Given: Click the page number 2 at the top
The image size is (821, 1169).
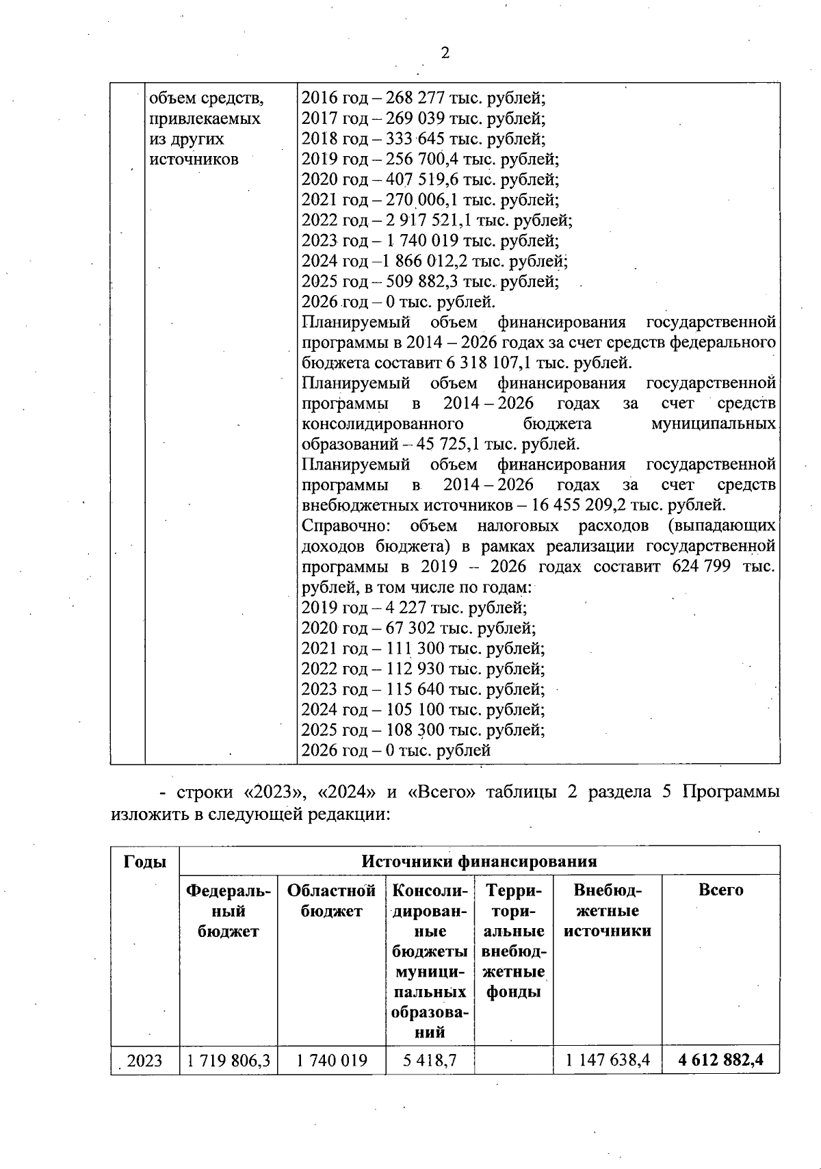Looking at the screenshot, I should click(x=445, y=53).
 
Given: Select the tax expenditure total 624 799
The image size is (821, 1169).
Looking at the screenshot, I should click(x=701, y=567).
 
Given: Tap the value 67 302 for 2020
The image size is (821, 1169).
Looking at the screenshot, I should click(x=413, y=628).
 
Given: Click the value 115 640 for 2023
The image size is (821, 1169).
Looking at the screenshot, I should click(x=417, y=689).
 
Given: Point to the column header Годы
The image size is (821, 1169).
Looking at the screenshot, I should click(x=145, y=862).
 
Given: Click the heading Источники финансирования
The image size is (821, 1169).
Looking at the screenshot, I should click(x=479, y=862).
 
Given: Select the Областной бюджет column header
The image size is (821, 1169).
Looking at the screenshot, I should click(x=332, y=901).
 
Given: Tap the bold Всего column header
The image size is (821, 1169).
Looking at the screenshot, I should click(x=720, y=890).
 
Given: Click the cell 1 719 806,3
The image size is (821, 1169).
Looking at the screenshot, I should click(x=229, y=1061).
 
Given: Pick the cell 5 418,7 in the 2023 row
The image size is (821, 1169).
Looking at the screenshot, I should click(x=430, y=1061).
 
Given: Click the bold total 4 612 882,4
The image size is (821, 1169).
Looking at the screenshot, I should click(x=720, y=1061).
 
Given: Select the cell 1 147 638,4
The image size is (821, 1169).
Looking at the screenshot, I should click(x=608, y=1061).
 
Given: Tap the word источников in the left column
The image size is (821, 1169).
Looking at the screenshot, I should click(x=194, y=159).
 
